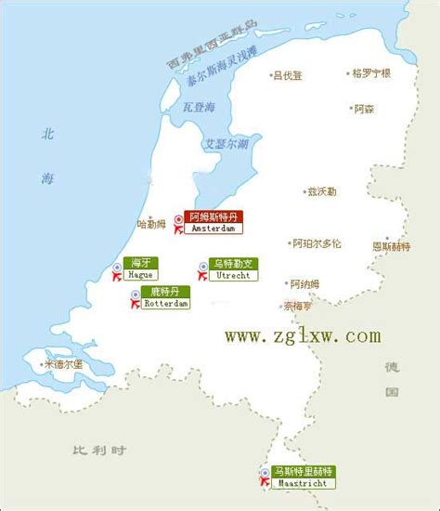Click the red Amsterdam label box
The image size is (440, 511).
coord(214,220)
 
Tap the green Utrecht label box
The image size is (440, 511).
coord(233,269)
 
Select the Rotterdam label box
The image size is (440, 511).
coord(166,297)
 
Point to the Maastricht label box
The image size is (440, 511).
coord(303,477)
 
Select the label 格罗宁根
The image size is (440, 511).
coord(372,72)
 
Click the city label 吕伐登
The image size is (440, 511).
coord(287,75)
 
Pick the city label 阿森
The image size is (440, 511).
coord(365,109)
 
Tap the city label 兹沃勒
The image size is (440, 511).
coord(324,191)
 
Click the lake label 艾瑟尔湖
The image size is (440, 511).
coord(226,144)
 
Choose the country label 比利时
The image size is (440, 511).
coord(98,452)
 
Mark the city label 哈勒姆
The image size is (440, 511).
coord(153,224)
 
